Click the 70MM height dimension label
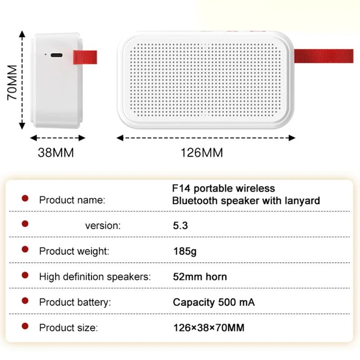12,82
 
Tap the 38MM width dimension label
55,153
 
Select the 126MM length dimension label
202,153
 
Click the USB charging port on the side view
57,55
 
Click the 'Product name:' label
72,200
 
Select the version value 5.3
180,225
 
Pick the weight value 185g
185,251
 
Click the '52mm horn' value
200,276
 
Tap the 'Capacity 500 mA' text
214,302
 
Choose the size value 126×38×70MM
209,328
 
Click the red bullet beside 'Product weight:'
25,249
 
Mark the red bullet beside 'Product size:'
25,326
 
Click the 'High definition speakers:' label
95,276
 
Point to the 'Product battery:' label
75,302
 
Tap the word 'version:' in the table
103,225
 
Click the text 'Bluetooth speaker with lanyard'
246,200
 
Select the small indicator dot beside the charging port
45,55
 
